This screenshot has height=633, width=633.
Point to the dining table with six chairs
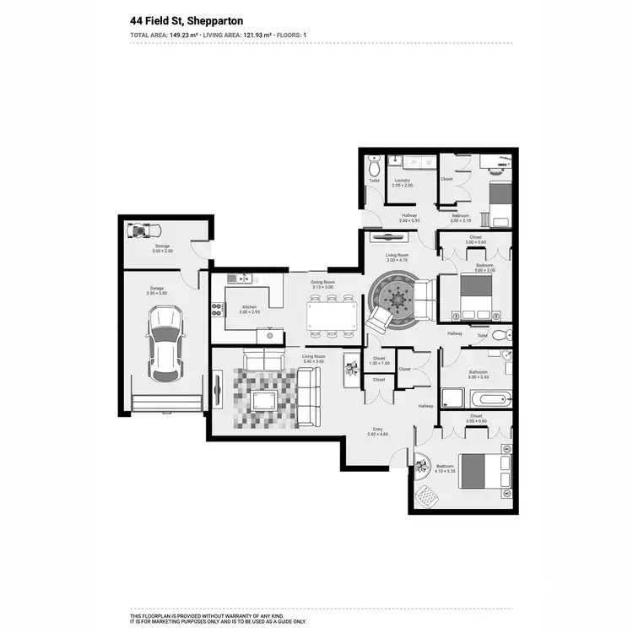pos(332,317)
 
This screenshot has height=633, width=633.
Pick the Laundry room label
pos(402,180)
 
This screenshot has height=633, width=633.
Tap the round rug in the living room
pos(394,300)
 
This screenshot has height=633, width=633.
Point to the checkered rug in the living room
pos(266,397)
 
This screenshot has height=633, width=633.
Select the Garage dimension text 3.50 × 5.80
pos(157,293)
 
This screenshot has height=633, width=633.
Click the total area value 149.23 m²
pos(188,35)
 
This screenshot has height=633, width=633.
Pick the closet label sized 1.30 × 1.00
pos(379,363)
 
